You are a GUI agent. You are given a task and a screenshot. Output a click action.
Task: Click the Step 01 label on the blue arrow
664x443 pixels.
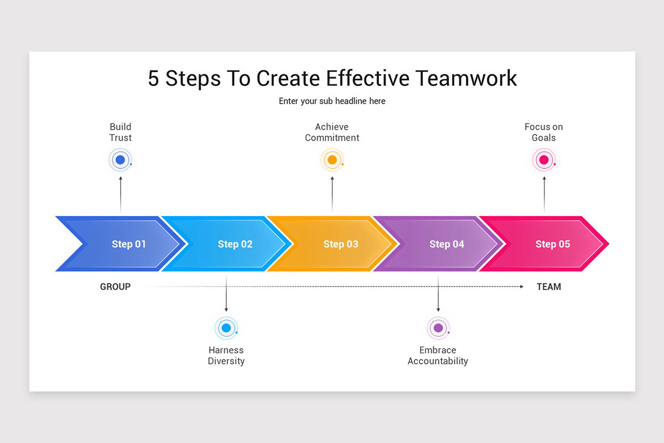pos(129,244)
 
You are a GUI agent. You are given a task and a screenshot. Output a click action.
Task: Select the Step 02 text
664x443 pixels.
pos(235,244)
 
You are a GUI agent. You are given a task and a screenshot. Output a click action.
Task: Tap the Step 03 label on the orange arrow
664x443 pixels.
pos(341,244)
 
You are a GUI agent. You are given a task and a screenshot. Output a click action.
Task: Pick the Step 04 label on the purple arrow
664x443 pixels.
pos(447,244)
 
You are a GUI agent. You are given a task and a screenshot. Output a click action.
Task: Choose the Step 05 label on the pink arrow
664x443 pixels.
pos(552,244)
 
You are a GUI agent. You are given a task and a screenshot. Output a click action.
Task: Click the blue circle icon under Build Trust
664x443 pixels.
pos(120,161)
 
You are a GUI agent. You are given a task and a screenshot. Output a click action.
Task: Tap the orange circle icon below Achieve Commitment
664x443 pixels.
pos(332,161)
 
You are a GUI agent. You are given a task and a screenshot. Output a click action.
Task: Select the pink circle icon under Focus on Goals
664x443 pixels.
pos(544,161)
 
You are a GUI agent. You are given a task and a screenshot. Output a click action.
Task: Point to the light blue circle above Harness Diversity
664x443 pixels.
pos(226,328)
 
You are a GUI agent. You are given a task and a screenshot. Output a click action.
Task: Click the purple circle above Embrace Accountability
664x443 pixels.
pos(438,328)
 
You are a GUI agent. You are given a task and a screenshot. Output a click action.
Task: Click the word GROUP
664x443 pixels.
pos(115,287)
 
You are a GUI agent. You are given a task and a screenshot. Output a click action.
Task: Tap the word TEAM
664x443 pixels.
pos(549,287)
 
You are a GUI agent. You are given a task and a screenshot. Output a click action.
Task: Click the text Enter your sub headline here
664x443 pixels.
pos(332,101)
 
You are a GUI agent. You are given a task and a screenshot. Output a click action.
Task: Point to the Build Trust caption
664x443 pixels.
pos(121,132)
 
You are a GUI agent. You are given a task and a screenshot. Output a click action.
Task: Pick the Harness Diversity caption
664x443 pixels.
pos(226,356)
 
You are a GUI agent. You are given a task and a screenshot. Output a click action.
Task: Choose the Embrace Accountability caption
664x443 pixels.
pos(438,356)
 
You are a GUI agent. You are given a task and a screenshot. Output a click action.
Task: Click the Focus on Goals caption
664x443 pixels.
pos(544,132)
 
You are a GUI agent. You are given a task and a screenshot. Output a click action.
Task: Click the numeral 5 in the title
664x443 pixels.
pos(154,78)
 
